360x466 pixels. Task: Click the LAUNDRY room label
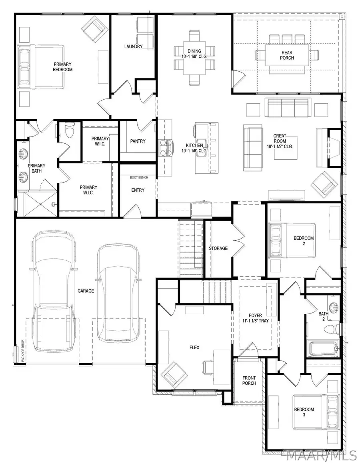[133, 46]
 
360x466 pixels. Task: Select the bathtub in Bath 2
[324, 348]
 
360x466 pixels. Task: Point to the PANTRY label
[138, 141]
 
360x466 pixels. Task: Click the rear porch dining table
[286, 54]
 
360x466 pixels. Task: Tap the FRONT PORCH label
[249, 381]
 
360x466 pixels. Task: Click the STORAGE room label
[218, 248]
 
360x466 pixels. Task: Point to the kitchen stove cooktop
[165, 147]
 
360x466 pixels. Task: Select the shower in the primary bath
[37, 205]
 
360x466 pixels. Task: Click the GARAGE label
[86, 291]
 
